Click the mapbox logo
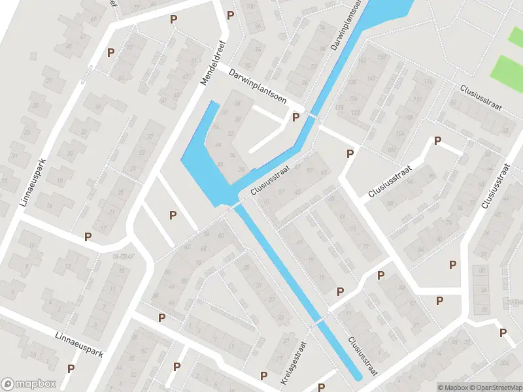(x=28, y=384)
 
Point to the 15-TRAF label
(x=123, y=255)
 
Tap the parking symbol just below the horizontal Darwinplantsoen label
(x=295, y=118)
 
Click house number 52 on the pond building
(x=225, y=113)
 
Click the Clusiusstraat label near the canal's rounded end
(x=363, y=355)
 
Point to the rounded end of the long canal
(x=356, y=377)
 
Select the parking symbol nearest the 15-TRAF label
(x=88, y=236)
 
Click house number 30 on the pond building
(x=237, y=119)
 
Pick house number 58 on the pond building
(x=220, y=163)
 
